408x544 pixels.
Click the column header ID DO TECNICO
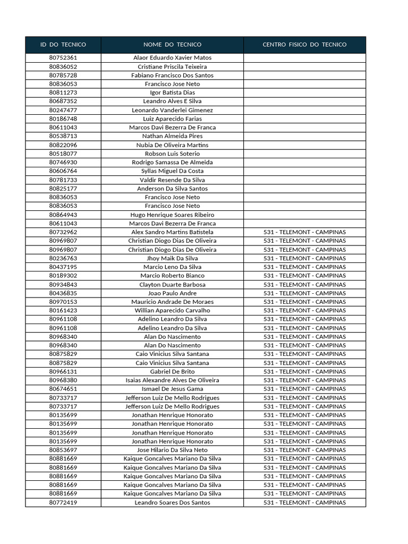click(63, 45)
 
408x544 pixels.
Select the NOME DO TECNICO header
click(172, 45)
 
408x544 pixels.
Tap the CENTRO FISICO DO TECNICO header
click(304, 45)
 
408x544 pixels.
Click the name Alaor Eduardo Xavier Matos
click(172, 58)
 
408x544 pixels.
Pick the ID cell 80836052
click(63, 66)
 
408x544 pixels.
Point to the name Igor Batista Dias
click(172, 92)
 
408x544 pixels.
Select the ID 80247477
click(63, 110)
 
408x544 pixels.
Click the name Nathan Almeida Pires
click(172, 136)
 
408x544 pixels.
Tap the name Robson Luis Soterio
click(172, 154)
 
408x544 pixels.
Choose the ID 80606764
click(63, 171)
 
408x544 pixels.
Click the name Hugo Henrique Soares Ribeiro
click(172, 215)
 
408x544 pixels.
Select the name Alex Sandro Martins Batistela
click(172, 232)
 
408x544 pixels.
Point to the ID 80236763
click(63, 258)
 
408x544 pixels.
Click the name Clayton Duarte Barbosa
click(172, 284)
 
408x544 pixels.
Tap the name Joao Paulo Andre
click(172, 293)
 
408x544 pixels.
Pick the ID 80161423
click(63, 310)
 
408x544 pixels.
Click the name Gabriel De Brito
click(172, 371)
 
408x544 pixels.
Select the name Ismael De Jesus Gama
click(172, 389)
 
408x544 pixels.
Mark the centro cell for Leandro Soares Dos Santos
click(304, 503)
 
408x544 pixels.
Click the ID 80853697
click(63, 450)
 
